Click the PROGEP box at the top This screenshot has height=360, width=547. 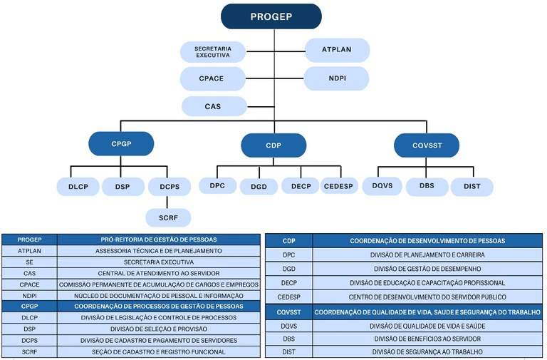(271, 16)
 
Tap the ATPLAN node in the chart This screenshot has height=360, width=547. (337, 50)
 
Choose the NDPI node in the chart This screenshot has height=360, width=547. (337, 78)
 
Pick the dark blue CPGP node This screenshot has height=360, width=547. (121, 143)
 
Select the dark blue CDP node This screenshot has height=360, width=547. (273, 145)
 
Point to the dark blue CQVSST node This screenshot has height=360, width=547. (427, 145)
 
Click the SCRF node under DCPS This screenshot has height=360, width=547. (168, 217)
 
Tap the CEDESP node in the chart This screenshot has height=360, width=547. (339, 186)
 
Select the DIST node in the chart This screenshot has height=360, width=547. (472, 187)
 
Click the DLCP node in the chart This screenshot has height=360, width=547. (78, 187)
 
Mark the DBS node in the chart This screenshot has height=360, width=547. (427, 187)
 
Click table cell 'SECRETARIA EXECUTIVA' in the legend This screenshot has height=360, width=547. (159, 262)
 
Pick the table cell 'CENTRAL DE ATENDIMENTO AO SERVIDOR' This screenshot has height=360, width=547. (159, 272)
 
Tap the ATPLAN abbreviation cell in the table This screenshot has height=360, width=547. (29, 250)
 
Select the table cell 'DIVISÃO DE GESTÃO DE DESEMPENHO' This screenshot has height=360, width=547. (427, 269)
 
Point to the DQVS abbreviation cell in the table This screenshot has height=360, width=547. (288, 325)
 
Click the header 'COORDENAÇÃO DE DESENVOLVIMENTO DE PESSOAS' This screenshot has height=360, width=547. (427, 241)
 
